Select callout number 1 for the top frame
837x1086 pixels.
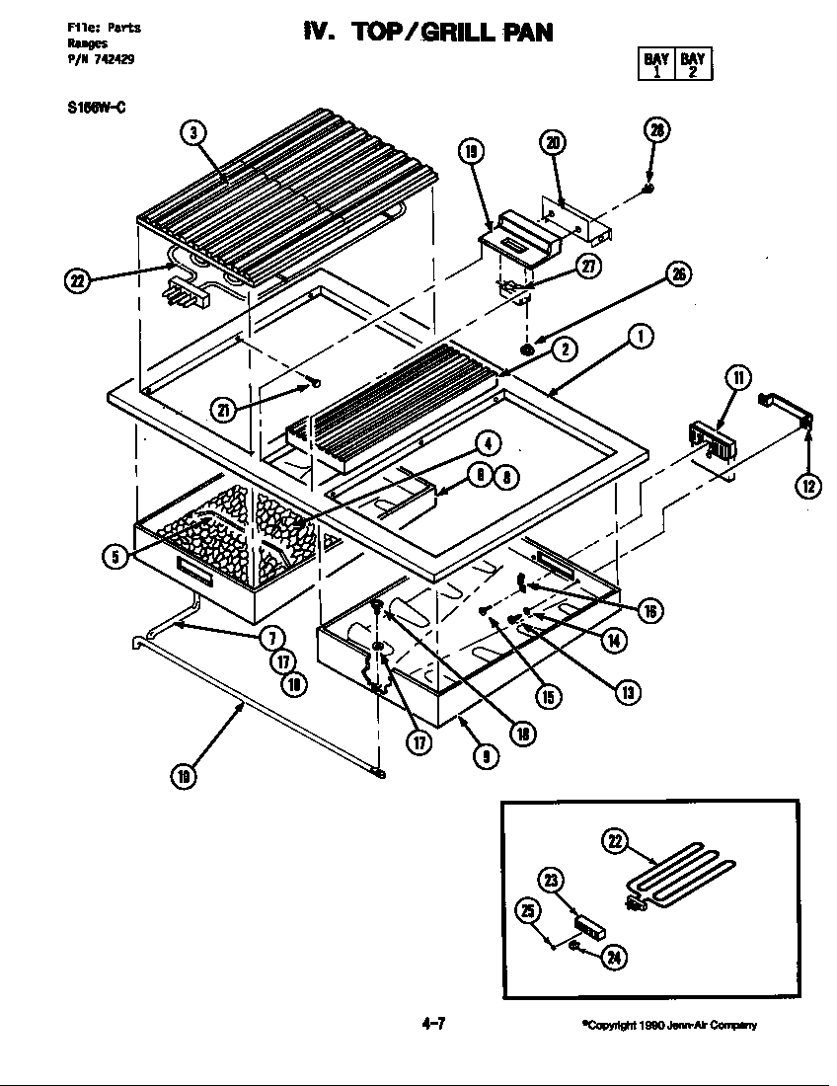(x=640, y=338)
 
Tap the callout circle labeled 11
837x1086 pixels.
(x=737, y=377)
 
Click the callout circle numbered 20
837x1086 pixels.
(x=553, y=142)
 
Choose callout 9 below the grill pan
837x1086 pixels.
(x=485, y=756)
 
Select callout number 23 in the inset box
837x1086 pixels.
(x=552, y=881)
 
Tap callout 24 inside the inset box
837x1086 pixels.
(x=613, y=956)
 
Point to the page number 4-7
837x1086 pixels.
(x=434, y=1023)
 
